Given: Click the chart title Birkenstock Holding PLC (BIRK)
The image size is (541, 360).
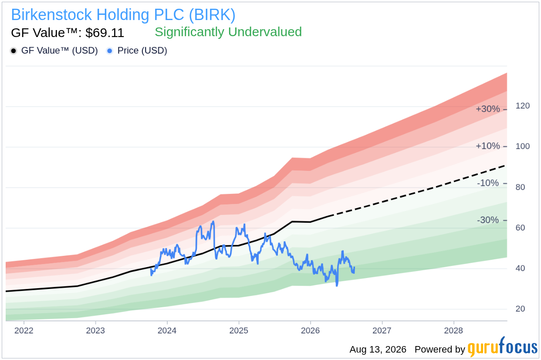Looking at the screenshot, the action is (123, 15).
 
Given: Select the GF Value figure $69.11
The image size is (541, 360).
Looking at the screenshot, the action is (105, 33).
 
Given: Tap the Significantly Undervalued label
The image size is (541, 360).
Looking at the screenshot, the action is (228, 32).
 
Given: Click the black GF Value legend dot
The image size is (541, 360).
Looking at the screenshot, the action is (14, 51).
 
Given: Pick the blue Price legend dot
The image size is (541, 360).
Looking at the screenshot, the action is (110, 51).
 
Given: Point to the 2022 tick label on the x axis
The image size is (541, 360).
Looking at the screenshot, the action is (24, 330).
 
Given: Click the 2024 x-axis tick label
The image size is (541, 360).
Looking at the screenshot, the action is (167, 330).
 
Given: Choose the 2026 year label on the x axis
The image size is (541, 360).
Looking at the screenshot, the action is (310, 330).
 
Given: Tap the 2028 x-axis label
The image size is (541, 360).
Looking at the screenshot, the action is (453, 330).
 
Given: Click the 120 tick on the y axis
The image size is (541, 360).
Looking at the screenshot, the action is (523, 106).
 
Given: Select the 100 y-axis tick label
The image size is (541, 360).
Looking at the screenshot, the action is (523, 146).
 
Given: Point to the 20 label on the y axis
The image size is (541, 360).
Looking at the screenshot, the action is (520, 309).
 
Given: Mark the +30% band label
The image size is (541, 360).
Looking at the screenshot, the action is (488, 109).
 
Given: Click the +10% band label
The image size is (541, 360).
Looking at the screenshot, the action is (488, 146).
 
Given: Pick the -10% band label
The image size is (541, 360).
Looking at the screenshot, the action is (488, 183).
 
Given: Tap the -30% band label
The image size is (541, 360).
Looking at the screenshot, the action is (488, 220).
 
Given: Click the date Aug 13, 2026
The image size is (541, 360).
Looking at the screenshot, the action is (378, 350).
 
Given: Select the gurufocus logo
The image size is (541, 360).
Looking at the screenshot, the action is (503, 347).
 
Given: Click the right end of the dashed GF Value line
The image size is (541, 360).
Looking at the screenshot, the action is (505, 166).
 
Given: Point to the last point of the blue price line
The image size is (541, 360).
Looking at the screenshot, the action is (354, 267).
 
